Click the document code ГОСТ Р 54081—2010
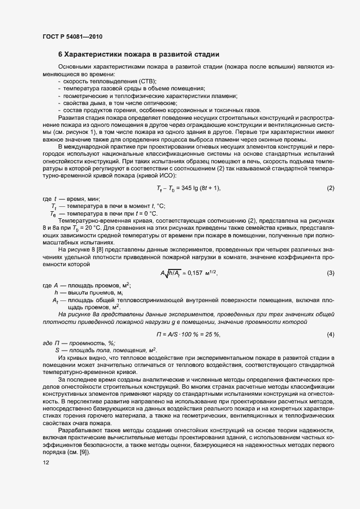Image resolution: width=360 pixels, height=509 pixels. tap(72, 37)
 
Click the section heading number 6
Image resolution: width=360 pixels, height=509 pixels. tap(60, 54)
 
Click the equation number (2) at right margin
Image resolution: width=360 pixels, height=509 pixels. tap(330, 188)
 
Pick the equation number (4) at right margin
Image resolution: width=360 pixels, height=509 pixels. tap(330, 334)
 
